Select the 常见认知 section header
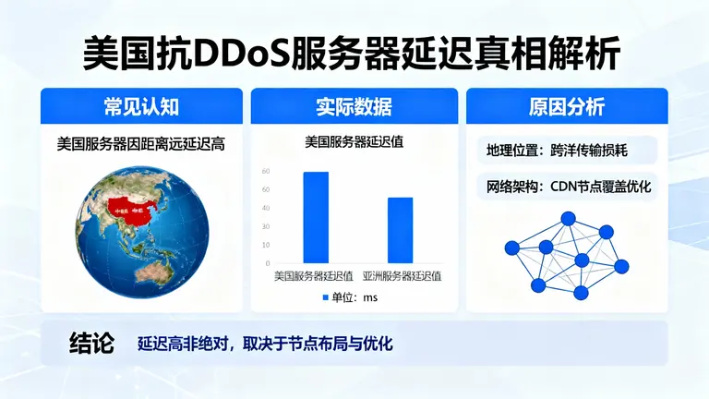[141, 106]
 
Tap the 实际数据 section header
[354, 106]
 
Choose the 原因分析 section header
[567, 106]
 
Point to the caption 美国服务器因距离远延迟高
[141, 144]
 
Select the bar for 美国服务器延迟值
[316, 218]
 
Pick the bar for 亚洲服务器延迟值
[400, 230]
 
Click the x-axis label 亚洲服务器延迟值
[402, 276]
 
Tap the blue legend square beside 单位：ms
[325, 297]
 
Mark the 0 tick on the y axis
[267, 263]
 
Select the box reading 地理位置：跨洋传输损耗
[557, 151]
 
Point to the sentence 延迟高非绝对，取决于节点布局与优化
[265, 345]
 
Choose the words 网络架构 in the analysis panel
[511, 187]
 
